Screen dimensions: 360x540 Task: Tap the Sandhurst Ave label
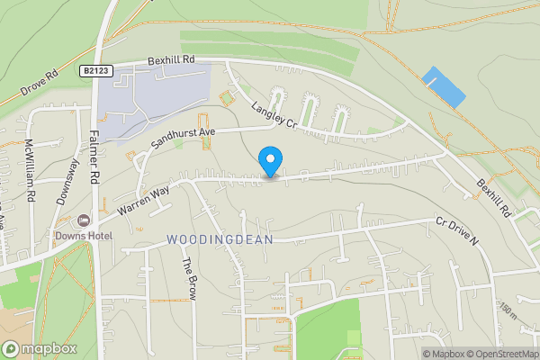point(184,137)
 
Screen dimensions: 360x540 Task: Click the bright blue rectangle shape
point(445,87)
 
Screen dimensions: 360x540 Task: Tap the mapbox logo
point(39,349)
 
